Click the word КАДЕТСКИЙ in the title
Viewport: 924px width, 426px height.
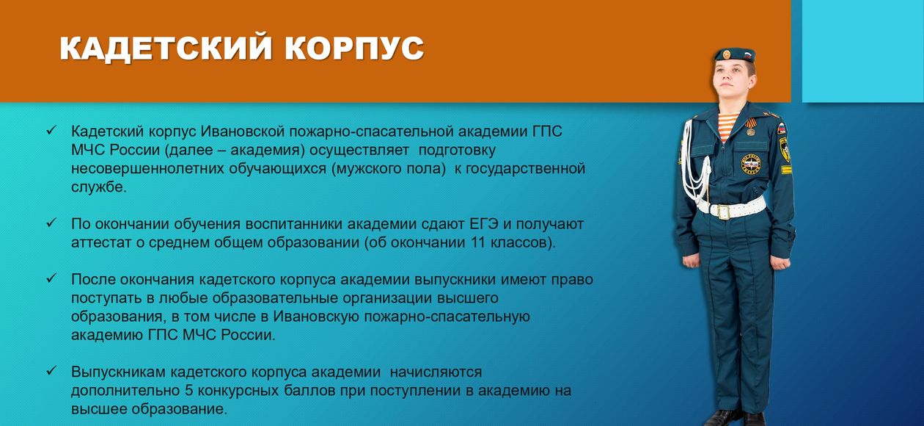coord(166,48)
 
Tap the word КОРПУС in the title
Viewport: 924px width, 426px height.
coord(354,48)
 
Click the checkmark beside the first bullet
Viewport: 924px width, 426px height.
coord(51,131)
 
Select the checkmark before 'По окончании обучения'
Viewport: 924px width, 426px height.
coord(51,223)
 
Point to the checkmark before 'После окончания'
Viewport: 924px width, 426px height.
coord(51,278)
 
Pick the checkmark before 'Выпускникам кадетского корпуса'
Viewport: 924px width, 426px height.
coord(51,371)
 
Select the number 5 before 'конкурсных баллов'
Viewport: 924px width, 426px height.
coord(189,391)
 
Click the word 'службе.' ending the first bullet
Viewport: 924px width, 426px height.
coord(98,187)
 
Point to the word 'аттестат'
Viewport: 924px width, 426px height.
coord(101,243)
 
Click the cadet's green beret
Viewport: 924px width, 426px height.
coord(735,54)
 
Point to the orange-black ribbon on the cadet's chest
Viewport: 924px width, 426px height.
coord(751,124)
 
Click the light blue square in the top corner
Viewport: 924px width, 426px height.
coord(863,51)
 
